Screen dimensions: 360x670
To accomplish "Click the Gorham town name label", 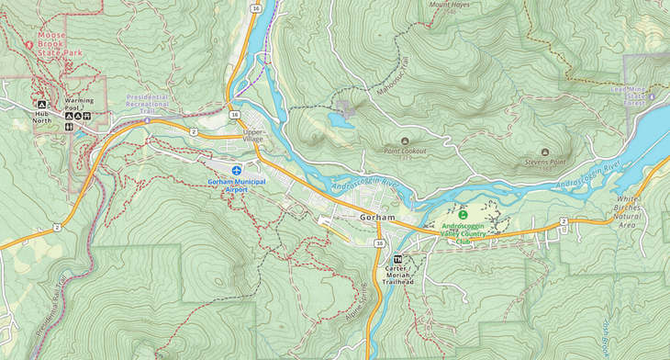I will pos(378,218).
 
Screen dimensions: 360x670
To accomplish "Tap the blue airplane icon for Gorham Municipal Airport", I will pos(238,170).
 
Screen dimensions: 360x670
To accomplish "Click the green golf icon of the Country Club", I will pos(463,214).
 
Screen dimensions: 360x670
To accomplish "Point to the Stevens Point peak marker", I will pos(544,152).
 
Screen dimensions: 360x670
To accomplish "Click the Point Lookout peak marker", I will pos(405,141).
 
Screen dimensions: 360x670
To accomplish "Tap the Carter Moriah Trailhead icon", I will pos(398,259).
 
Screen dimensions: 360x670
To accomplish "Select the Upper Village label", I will pos(253,136).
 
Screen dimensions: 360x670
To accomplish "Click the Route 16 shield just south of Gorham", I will pos(379,243).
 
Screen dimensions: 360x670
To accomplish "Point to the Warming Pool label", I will pos(78,104).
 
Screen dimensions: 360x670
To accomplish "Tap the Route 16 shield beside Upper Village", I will pos(235,115).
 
